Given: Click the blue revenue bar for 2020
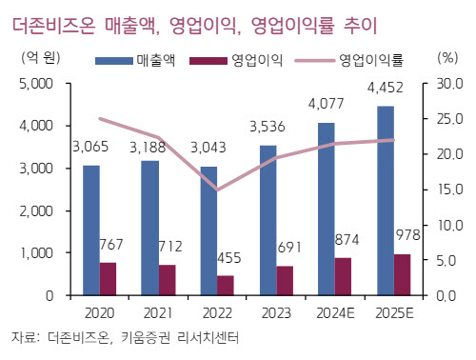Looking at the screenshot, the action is click(x=91, y=230).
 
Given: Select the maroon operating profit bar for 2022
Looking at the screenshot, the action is click(x=226, y=286).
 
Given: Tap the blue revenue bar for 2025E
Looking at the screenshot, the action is click(x=386, y=201).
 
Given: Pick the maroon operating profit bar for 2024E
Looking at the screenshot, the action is click(x=343, y=276).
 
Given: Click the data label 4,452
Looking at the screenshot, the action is click(x=386, y=88).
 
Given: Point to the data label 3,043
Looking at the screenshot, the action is click(x=208, y=148).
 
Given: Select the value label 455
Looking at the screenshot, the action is click(x=229, y=258).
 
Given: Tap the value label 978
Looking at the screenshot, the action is click(x=408, y=235).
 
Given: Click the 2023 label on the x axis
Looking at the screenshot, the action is click(x=276, y=313).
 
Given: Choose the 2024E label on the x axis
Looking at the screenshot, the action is click(x=335, y=313).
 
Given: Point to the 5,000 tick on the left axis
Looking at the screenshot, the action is click(x=36, y=84).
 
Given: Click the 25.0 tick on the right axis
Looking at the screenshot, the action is click(x=450, y=119).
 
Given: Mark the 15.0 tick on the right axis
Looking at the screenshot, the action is click(x=450, y=190).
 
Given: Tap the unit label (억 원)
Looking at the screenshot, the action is click(x=41, y=58).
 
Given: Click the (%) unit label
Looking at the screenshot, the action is click(x=447, y=58).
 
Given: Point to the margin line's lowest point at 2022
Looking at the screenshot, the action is click(x=217, y=190).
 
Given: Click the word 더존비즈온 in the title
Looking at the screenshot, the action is click(x=53, y=26).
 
